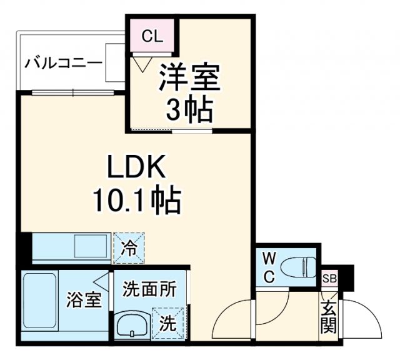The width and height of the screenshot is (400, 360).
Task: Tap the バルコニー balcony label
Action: point(56,63)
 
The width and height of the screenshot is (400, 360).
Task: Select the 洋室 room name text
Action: point(189,79)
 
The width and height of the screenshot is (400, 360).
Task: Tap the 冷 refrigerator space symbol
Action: point(129,248)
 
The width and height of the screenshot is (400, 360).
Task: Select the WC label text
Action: point(267,267)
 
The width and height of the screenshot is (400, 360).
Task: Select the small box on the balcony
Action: point(116,62)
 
